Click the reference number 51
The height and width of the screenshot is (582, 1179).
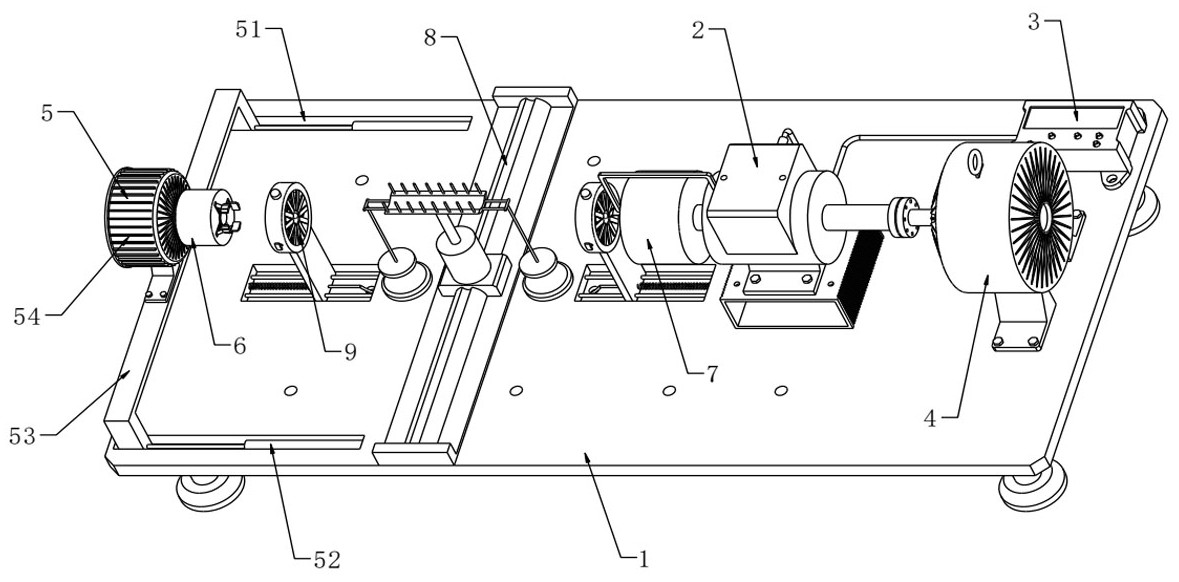point(250,32)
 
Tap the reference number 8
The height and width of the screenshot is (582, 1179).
point(429,37)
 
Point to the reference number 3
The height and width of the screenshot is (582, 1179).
point(1035,23)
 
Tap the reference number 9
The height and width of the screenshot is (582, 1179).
point(350,352)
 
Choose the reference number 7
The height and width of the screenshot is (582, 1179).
point(711,372)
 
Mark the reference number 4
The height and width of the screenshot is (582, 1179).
point(930,419)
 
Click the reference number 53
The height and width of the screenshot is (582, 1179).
point(22,435)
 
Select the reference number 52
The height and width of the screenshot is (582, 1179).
point(326,559)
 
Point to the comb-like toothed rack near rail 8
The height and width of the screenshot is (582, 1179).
point(436,197)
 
